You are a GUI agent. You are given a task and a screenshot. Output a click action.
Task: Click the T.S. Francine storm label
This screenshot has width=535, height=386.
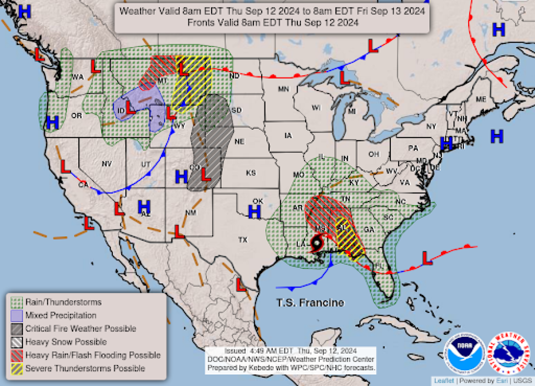(x=310, y=303)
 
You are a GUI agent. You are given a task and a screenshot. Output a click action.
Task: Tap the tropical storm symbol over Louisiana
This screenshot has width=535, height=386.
(x=317, y=244)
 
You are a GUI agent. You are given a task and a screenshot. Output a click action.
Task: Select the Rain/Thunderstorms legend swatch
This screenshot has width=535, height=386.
(x=17, y=302)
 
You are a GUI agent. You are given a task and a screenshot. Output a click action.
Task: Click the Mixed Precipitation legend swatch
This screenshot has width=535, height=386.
(x=17, y=316)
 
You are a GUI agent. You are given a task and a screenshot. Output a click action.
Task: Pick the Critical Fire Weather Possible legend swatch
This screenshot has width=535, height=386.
(x=17, y=329)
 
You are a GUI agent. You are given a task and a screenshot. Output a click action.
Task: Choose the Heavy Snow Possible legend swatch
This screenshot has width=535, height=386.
(x=17, y=342)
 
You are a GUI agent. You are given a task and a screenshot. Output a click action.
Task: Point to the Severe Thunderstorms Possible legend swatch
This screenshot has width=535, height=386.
(x=17, y=369)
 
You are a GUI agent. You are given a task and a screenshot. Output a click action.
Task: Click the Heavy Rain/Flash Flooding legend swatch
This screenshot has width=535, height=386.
(x=17, y=356)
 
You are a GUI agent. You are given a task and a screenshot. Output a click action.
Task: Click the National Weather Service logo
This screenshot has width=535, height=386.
(x=508, y=353)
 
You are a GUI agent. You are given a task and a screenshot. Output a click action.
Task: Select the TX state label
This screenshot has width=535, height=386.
(x=243, y=240)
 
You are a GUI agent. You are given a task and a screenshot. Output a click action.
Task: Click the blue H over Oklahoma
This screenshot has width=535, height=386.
(x=254, y=212)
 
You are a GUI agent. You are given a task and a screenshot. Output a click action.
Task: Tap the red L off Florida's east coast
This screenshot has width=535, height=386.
(x=427, y=258)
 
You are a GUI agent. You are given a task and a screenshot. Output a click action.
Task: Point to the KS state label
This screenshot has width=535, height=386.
(x=251, y=173)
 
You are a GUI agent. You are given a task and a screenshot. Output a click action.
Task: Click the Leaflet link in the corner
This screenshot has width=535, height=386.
(x=444, y=380)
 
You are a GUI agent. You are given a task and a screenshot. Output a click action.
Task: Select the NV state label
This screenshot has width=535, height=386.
(x=107, y=164)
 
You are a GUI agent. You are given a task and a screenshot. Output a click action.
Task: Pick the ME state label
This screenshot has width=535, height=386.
(x=481, y=99)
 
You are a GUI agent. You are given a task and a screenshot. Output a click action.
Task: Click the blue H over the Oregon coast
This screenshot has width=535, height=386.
(x=52, y=122)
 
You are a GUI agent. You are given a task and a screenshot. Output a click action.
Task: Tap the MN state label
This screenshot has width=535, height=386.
(x=283, y=89)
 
